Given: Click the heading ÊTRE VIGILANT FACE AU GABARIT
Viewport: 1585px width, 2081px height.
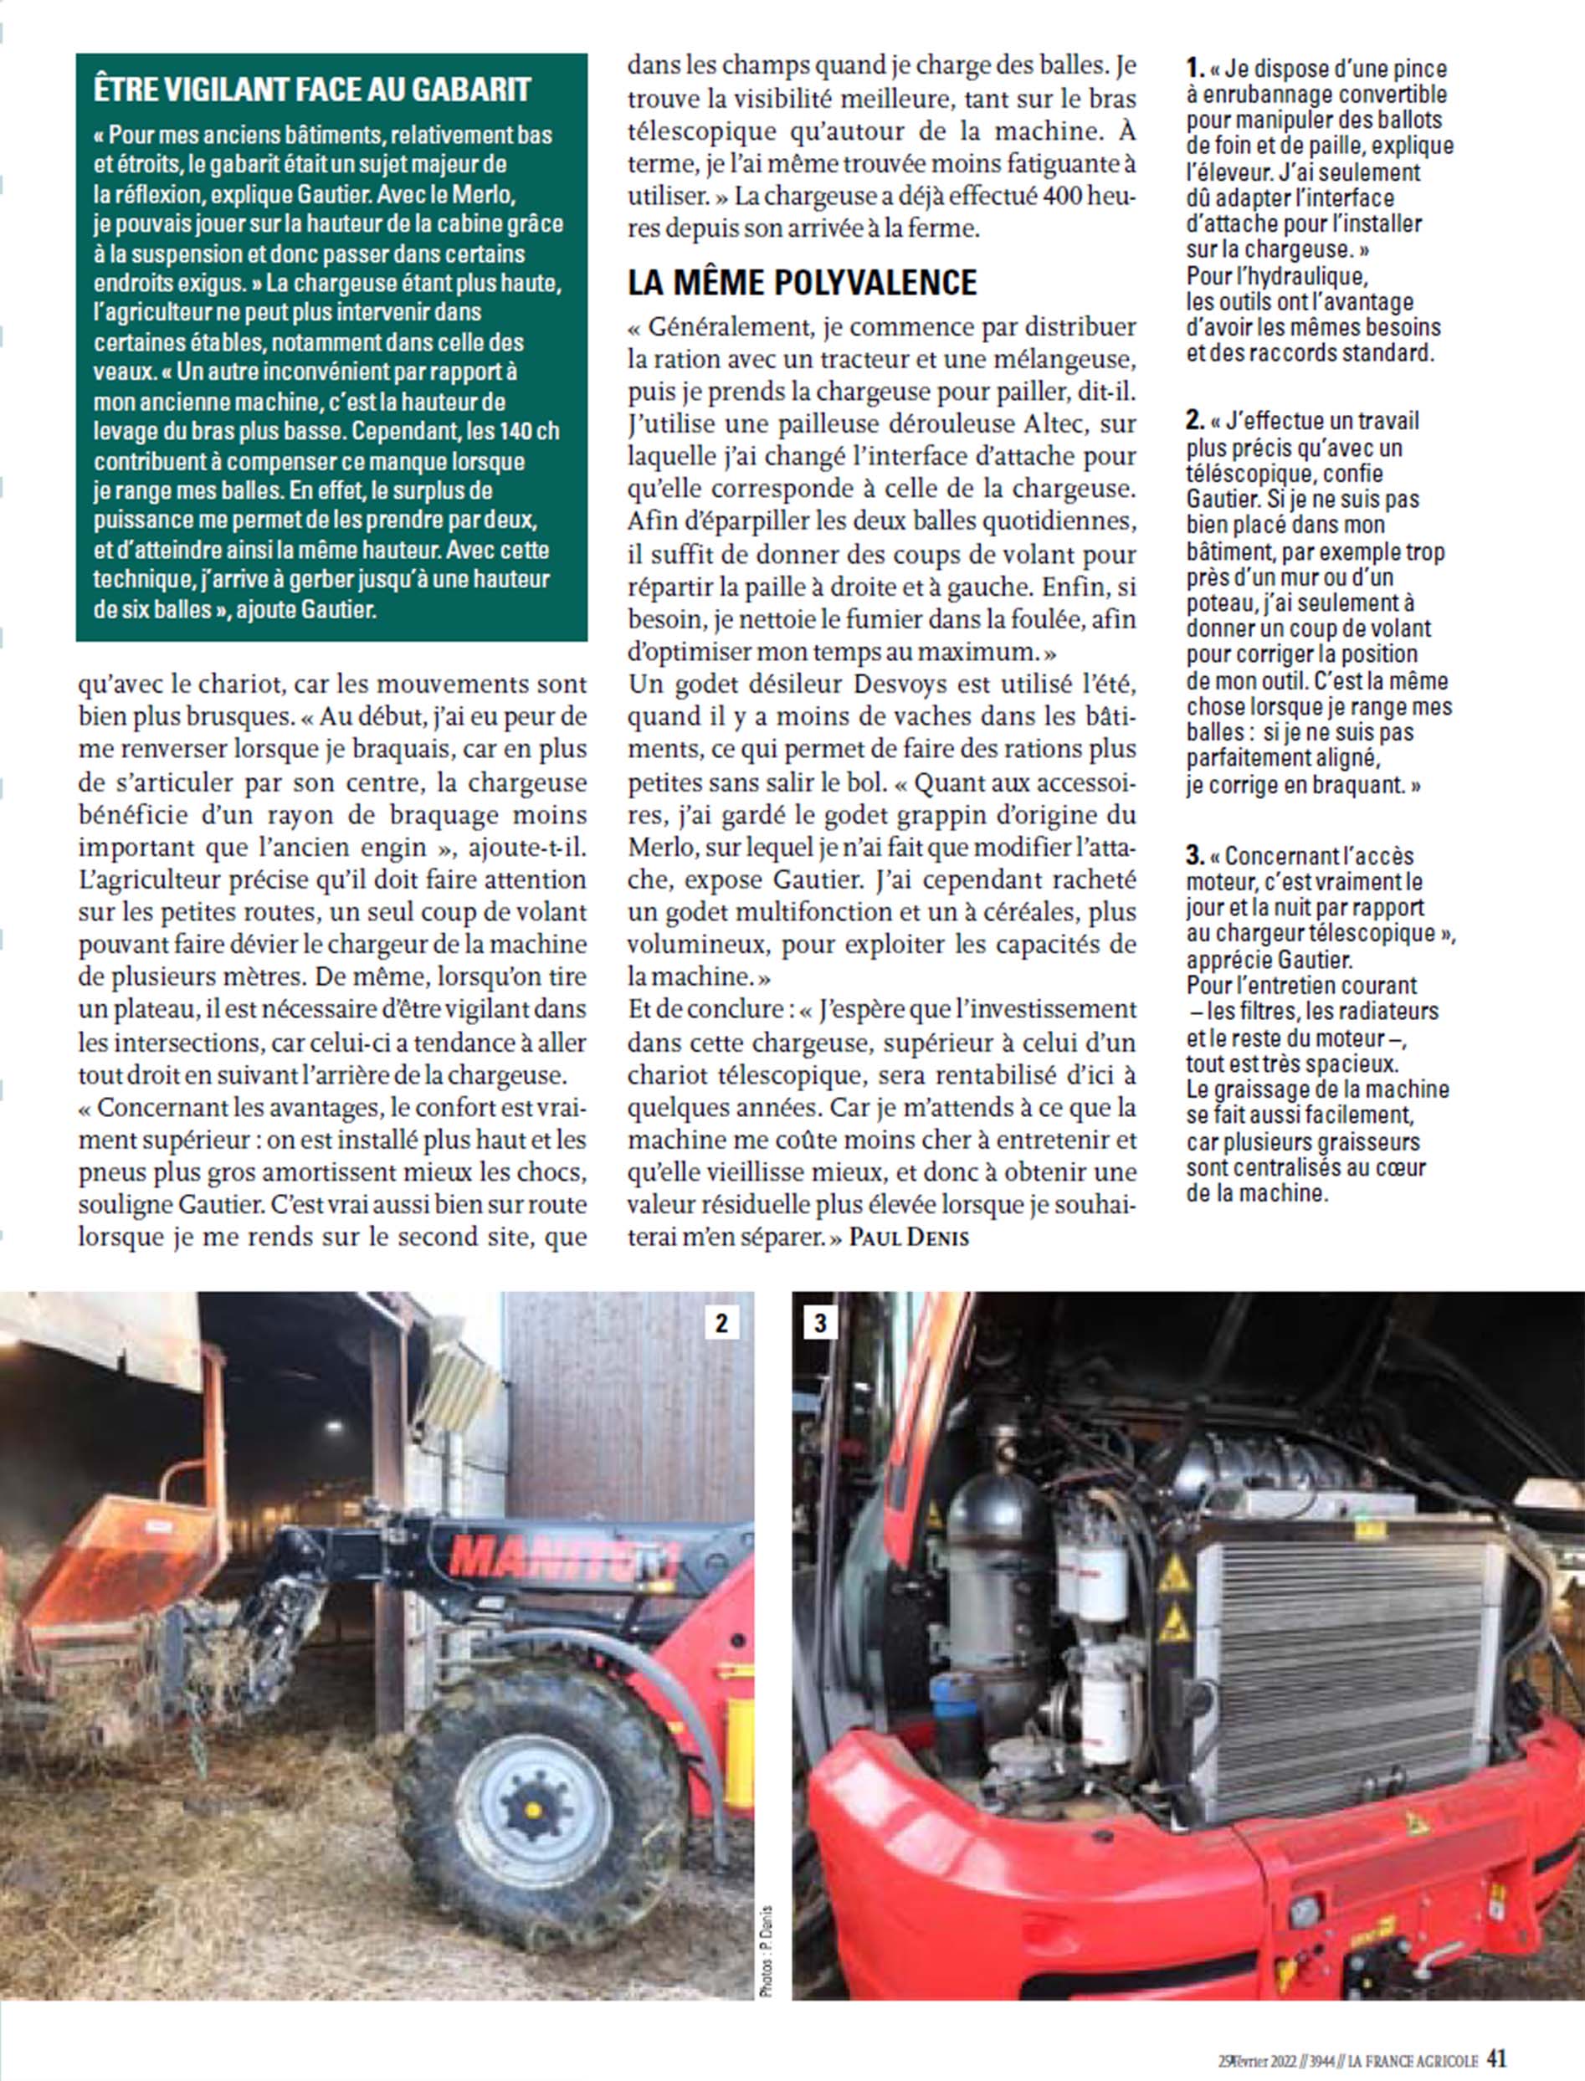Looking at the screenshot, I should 312,90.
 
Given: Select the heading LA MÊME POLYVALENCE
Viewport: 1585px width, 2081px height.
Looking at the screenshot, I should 802,282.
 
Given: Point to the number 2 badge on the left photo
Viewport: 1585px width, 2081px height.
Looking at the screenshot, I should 721,1323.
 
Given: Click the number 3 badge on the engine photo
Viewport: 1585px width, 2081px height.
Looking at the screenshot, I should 819,1323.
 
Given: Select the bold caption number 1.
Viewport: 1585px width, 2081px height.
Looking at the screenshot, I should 1195,69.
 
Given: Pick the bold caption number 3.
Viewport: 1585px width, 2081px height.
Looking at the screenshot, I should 1195,856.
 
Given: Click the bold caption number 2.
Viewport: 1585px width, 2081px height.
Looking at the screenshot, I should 1195,421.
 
